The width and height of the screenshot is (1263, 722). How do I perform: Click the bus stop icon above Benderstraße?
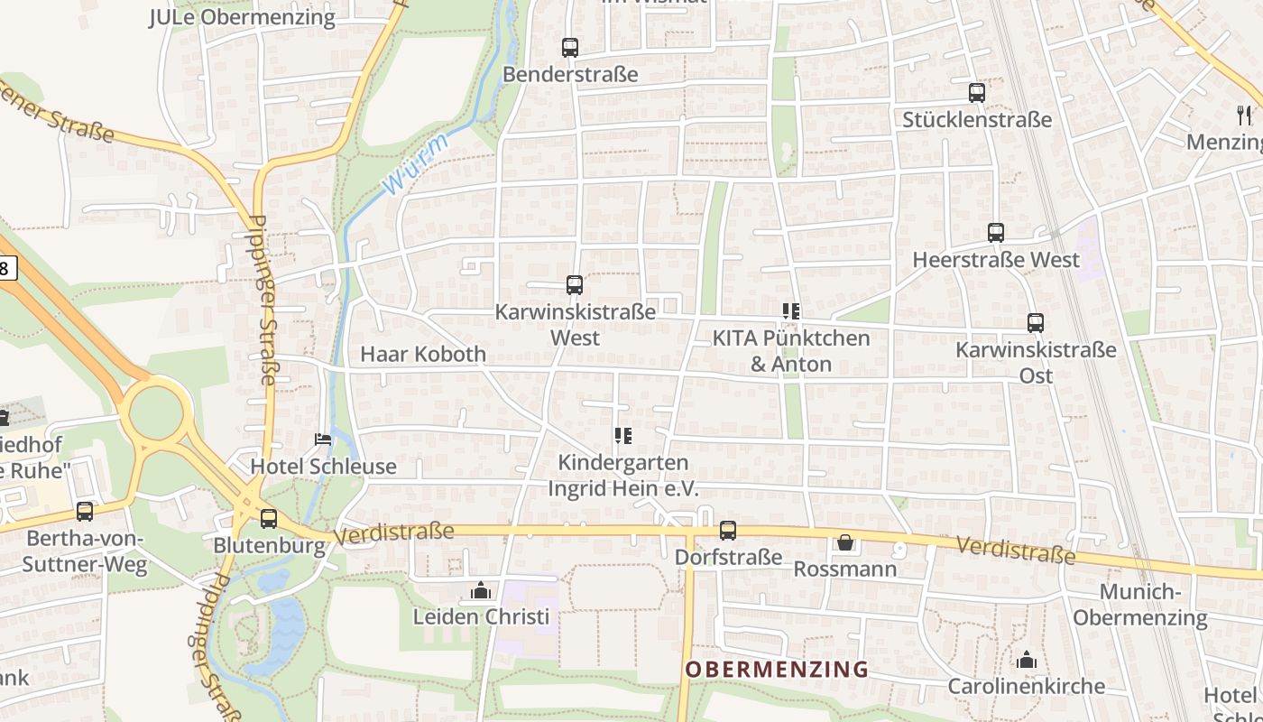pos(570,48)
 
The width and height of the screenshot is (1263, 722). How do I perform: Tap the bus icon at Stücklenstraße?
pos(977,93)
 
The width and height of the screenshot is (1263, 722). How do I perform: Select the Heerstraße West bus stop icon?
pos(996,233)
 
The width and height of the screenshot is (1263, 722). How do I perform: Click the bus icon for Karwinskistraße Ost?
pos(1036,323)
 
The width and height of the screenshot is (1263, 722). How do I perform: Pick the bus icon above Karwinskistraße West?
pos(575,285)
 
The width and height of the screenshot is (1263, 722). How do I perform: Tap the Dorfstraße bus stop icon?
pos(728,531)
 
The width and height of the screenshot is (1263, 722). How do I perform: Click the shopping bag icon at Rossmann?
pos(845,542)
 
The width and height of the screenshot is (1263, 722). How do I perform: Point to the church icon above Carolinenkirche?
pos(1027,661)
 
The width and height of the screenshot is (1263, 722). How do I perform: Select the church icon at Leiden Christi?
pos(481,591)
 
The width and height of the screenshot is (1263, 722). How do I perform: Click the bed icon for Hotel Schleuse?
pos(323,440)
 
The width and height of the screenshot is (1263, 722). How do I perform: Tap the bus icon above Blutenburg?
pos(269,519)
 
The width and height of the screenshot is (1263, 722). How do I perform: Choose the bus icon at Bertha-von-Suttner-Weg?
pos(85,512)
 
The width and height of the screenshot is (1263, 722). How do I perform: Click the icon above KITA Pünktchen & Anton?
pos(791,312)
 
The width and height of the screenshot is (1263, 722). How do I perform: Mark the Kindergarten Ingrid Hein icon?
pos(622,437)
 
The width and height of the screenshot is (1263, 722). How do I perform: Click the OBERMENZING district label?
pos(776,670)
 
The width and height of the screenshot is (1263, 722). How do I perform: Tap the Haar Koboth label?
pos(423,354)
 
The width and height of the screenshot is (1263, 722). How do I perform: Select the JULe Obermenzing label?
pos(242,17)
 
